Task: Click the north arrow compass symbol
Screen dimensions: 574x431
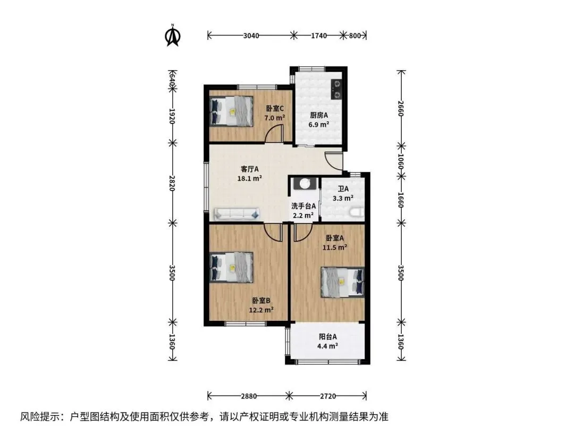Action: tap(173, 36)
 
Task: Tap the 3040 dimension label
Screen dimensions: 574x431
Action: tap(251, 36)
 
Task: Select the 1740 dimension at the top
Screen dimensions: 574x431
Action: tap(319, 36)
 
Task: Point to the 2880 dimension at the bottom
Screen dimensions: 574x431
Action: tap(249, 396)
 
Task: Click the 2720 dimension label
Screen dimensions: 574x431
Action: tap(328, 396)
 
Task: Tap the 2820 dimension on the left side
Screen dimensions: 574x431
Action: tap(172, 183)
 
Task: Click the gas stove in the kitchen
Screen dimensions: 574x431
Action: tap(336, 90)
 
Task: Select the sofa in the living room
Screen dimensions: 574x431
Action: tap(237, 214)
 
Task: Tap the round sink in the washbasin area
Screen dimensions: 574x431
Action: tap(305, 183)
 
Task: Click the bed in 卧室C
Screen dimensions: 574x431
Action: tap(231, 111)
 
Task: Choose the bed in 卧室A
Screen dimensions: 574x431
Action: tap(343, 282)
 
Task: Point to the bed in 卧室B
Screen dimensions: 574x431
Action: tap(231, 267)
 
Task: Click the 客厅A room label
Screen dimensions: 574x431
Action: tap(250, 169)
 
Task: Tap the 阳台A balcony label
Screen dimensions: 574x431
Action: tap(327, 336)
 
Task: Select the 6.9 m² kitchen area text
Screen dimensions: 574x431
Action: tap(319, 125)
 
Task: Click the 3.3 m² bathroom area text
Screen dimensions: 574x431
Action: tap(343, 198)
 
